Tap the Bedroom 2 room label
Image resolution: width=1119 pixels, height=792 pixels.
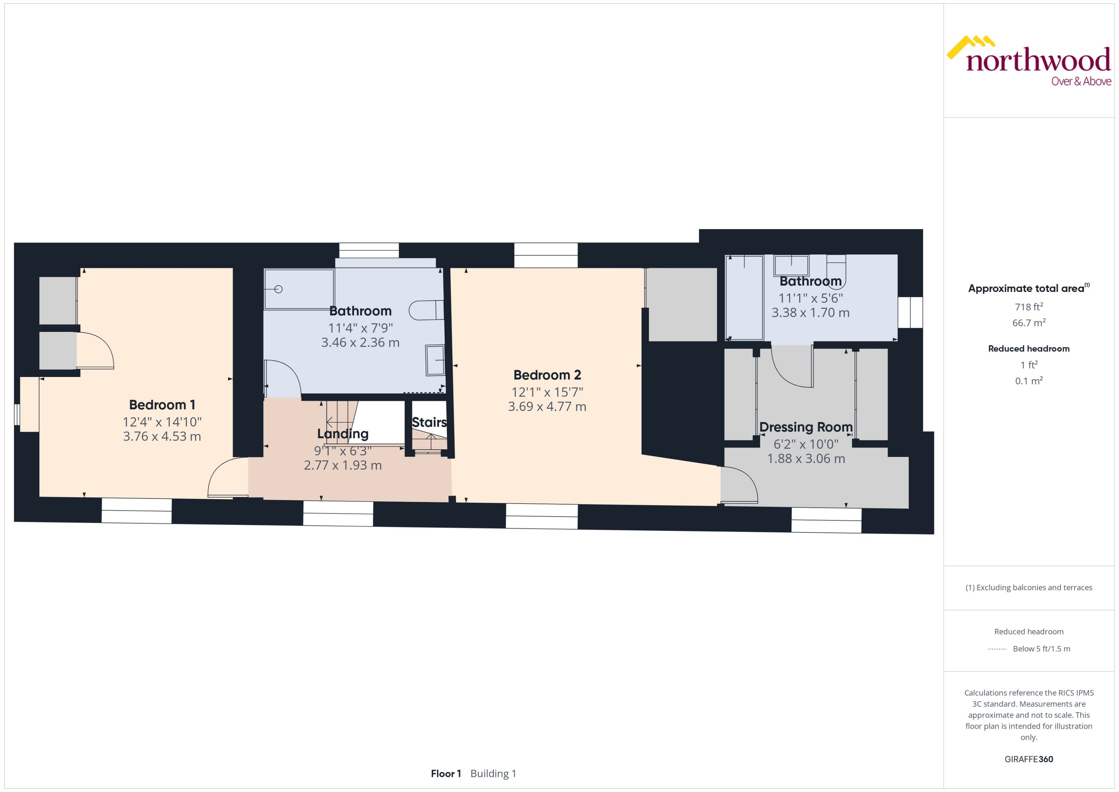coord(547,375)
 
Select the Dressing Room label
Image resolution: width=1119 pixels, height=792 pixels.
coord(806,427)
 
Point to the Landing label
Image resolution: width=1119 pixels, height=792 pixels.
coord(343,434)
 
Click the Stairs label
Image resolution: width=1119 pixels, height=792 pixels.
coord(429,422)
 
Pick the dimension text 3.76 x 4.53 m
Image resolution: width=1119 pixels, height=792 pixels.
coord(162,436)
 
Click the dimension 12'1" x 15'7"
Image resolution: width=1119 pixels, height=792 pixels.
coord(547,392)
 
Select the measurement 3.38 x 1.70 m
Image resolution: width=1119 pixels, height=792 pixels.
coord(810,313)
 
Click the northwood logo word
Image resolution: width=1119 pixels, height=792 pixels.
coord(1038,61)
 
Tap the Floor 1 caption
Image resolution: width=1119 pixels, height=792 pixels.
coord(446,773)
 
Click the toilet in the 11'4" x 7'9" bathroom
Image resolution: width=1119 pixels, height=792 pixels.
coord(426,310)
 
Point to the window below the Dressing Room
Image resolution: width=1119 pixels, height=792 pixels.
coord(826,520)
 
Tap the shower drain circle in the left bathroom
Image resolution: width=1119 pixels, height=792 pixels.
coord(278,289)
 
